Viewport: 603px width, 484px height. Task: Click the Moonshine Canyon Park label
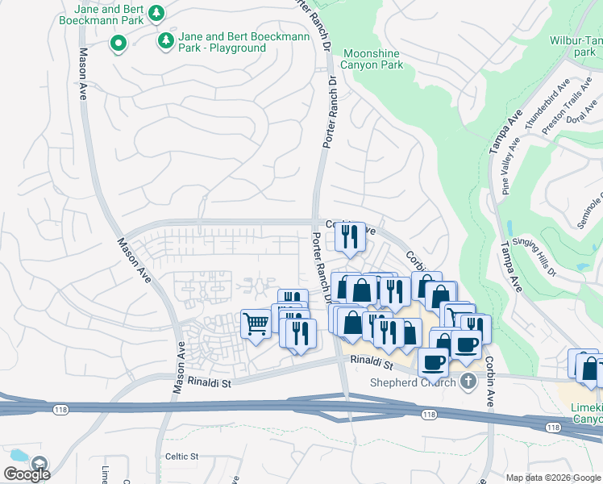click(x=372, y=59)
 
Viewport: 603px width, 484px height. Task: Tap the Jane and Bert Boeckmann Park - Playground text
click(x=222, y=43)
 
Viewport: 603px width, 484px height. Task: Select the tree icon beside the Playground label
click(x=166, y=39)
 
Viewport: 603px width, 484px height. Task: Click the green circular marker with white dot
click(x=118, y=44)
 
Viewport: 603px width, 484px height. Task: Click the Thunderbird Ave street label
click(x=547, y=102)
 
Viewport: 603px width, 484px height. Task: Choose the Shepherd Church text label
click(x=414, y=382)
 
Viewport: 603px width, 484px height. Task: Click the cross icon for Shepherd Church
click(x=468, y=382)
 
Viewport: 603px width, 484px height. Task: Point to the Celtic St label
click(x=181, y=456)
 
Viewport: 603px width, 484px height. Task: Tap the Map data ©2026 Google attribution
click(x=553, y=478)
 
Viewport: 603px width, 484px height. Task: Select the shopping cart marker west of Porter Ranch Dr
click(x=256, y=323)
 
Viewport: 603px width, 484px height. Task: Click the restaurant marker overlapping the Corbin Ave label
click(x=350, y=236)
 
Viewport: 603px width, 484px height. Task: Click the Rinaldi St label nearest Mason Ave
click(x=210, y=382)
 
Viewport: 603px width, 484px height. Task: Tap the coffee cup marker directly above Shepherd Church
click(x=433, y=362)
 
